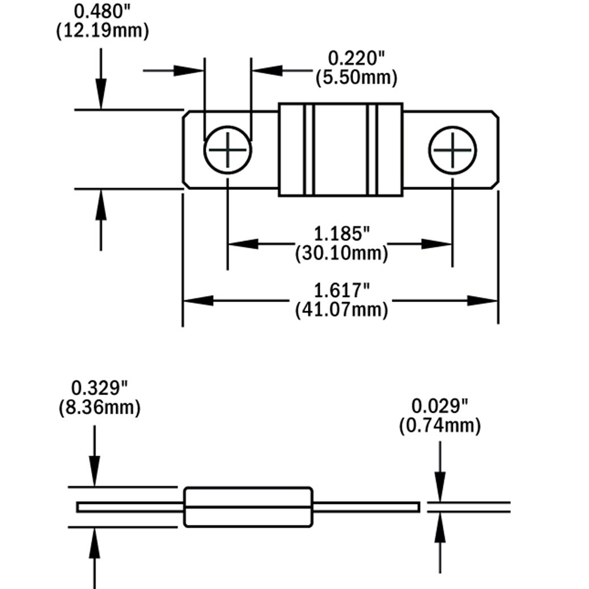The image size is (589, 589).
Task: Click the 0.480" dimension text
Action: pos(102,11)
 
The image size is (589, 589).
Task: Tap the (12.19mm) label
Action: pos(102,31)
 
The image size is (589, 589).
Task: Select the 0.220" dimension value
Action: pos(357,58)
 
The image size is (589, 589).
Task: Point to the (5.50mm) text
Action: pos(357,78)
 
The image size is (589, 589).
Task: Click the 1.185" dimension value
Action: pos(341,234)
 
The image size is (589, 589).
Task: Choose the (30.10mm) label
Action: pos(341,253)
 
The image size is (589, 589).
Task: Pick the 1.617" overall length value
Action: pos(341,290)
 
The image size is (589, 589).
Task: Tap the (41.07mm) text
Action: pos(341,310)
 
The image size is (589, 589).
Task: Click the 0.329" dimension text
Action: pos(100,388)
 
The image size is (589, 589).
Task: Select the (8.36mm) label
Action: pos(100,407)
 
